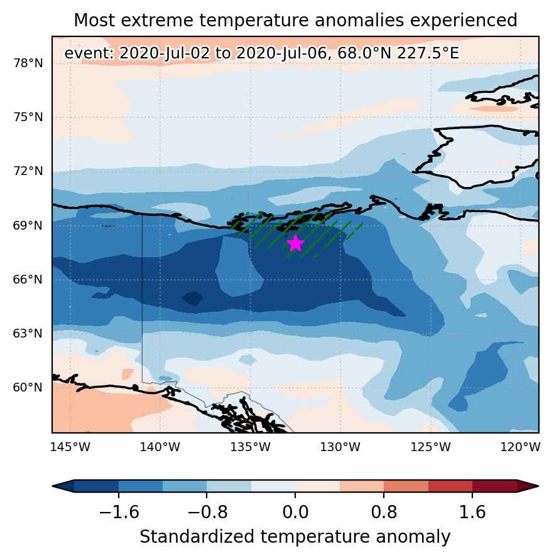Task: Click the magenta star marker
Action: click(295, 243)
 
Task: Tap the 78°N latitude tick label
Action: click(28, 63)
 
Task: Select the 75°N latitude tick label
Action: click(28, 117)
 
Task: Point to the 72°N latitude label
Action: click(28, 171)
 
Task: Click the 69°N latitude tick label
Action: click(28, 226)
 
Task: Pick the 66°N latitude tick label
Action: click(28, 280)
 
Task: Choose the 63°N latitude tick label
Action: click(28, 334)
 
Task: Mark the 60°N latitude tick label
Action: click(28, 388)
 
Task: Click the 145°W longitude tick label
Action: click(70, 447)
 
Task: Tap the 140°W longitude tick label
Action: click(160, 447)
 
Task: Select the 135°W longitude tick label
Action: click(250, 447)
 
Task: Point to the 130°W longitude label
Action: click(340, 447)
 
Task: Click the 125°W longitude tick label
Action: click(430, 447)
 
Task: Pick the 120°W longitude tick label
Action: click(521, 447)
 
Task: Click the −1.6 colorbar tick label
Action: click(119, 513)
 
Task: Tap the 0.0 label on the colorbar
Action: click(295, 513)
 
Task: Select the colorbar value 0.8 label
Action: click(384, 513)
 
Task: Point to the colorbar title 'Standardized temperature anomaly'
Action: click(295, 537)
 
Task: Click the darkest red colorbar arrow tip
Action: click(538, 486)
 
